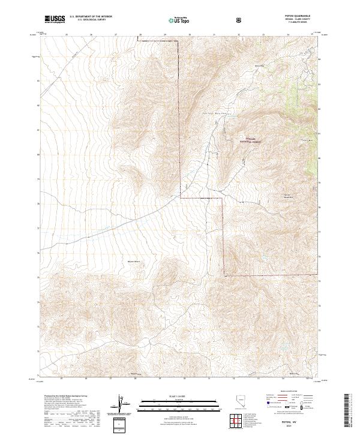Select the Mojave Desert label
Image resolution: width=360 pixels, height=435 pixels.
(x=133, y=262)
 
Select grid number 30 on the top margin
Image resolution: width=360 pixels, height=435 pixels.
(x=190, y=35)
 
